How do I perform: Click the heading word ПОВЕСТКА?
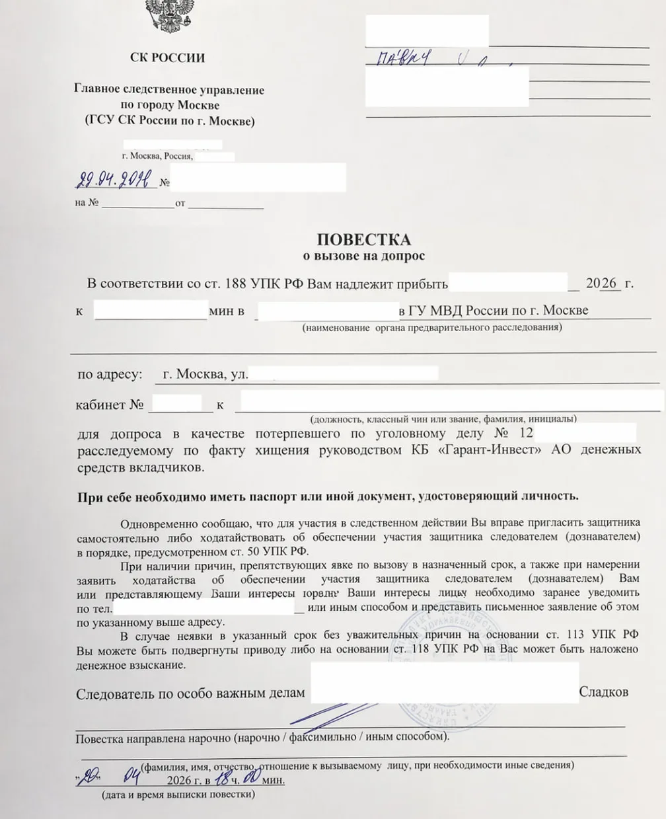pos(364,239)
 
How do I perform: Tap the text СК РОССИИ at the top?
pos(167,58)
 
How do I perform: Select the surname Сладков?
pos(603,692)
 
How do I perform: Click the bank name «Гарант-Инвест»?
pos(485,450)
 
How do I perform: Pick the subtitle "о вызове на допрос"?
pos(363,255)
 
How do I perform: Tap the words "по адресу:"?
pos(110,374)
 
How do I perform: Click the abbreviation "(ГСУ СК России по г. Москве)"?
pos(169,121)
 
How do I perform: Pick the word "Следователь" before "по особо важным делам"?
pos(114,693)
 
